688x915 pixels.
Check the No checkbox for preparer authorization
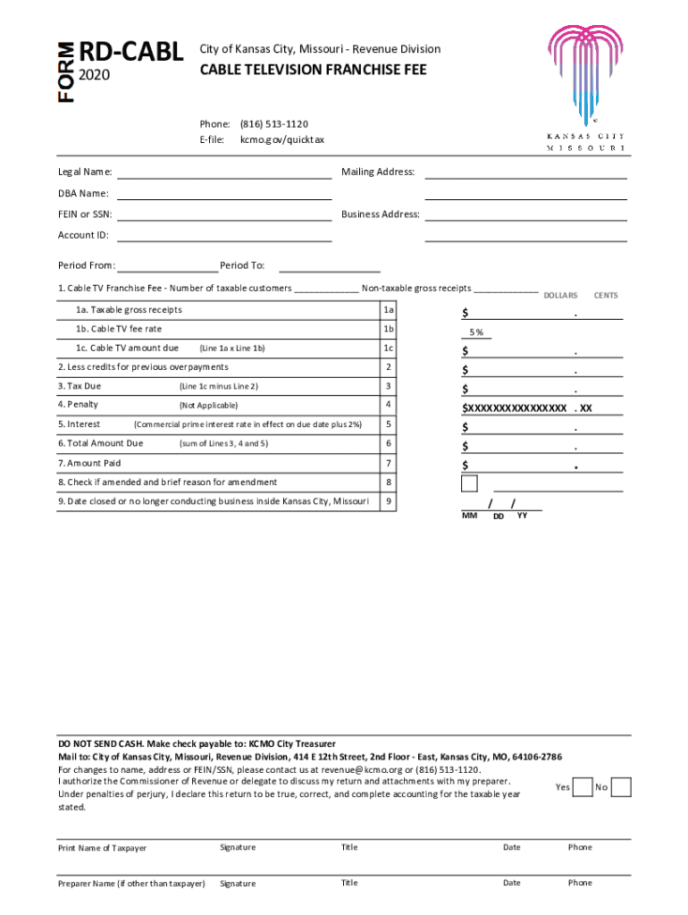[x=622, y=787]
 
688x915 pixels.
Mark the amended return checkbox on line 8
[x=470, y=483]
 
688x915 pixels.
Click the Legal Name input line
[x=224, y=172]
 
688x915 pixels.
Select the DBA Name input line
[x=224, y=193]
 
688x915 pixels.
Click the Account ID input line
[x=224, y=235]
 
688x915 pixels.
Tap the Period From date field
[x=167, y=265]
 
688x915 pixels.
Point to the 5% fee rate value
[x=478, y=332]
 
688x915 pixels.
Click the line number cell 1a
[x=388, y=310]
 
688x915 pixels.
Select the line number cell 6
[x=388, y=444]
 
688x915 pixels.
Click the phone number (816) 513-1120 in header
[x=274, y=123]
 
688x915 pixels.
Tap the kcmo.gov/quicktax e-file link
[x=282, y=140]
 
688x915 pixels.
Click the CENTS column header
[x=606, y=295]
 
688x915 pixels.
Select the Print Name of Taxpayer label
[x=102, y=848]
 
